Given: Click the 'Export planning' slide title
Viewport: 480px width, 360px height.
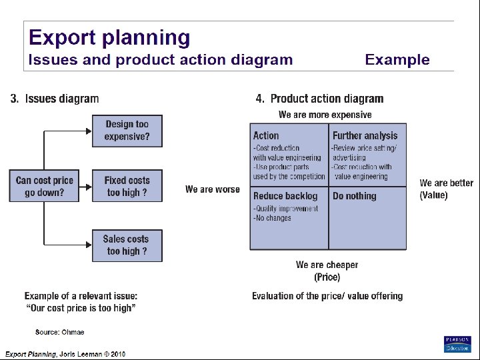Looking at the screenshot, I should click(x=109, y=37).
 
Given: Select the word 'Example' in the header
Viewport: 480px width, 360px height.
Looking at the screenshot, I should click(x=397, y=60).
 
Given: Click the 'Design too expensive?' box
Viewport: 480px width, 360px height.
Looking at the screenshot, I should click(x=127, y=131).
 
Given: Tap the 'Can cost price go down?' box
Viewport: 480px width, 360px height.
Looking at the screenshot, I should click(x=45, y=187).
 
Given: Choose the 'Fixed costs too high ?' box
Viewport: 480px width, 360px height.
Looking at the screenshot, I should click(x=127, y=187).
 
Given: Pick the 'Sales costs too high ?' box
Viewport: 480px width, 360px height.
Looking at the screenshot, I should click(x=127, y=245).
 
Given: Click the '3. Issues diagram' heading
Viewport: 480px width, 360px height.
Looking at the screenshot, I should click(x=55, y=99).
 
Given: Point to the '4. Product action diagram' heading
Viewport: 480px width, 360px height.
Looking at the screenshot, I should click(x=319, y=99).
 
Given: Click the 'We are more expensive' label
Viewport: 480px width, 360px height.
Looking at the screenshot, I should click(x=325, y=115).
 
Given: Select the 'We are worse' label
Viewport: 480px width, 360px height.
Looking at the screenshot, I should click(x=212, y=189).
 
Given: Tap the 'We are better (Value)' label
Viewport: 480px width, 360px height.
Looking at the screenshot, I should click(x=446, y=189).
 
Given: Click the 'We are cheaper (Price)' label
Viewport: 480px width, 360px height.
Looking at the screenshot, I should click(x=327, y=271).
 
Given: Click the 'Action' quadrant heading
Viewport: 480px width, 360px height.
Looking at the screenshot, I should click(x=266, y=135).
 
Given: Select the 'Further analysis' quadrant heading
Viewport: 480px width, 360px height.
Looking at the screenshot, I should click(x=365, y=135).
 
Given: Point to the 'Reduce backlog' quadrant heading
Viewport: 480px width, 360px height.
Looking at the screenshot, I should click(x=285, y=196).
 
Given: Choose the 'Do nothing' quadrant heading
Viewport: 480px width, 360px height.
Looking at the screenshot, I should click(x=354, y=196).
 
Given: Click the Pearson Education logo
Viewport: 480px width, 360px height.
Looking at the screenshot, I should click(x=457, y=343).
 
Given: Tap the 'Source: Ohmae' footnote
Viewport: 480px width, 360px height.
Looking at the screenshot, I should click(x=60, y=332).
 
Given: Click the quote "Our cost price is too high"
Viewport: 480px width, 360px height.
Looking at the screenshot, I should click(x=81, y=307).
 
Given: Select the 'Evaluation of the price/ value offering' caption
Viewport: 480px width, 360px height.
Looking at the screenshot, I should click(x=327, y=296).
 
